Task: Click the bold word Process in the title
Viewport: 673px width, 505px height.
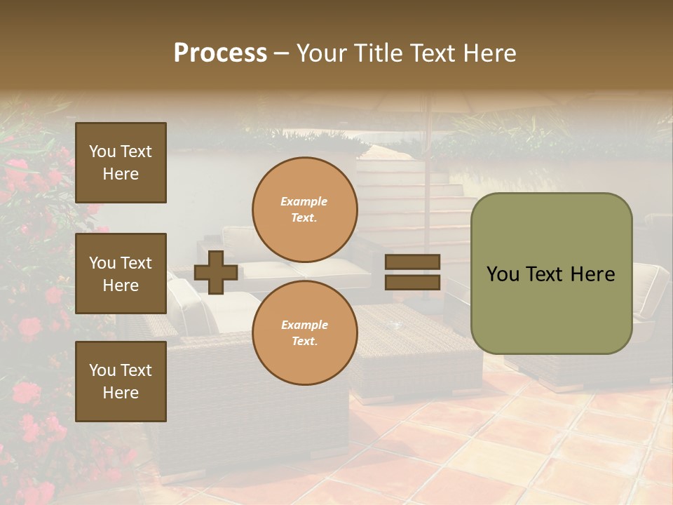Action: tap(220, 53)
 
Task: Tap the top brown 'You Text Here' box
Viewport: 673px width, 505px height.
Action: tap(121, 163)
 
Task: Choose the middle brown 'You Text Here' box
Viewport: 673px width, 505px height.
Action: tap(121, 274)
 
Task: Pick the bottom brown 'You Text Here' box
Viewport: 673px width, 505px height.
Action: tap(121, 382)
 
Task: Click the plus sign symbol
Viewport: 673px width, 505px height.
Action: tap(215, 272)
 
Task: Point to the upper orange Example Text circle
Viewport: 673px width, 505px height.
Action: tap(304, 210)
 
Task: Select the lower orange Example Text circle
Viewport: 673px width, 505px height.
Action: tap(304, 333)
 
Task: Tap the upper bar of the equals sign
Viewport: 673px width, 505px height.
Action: tap(412, 262)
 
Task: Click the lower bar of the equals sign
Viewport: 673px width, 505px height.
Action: tap(412, 282)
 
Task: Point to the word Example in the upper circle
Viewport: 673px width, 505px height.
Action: tap(304, 201)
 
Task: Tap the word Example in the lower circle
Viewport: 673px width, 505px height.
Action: tap(304, 325)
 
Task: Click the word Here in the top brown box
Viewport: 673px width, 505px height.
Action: tap(121, 174)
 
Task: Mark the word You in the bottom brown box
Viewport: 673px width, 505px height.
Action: tap(102, 370)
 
